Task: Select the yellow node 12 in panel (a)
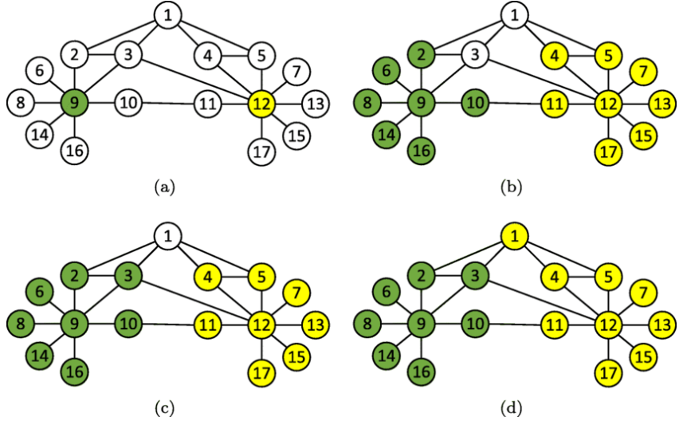(x=261, y=104)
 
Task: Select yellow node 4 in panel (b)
(x=555, y=56)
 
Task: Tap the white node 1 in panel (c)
(x=167, y=235)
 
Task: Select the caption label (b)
(x=511, y=188)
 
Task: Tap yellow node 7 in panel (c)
(x=296, y=291)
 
